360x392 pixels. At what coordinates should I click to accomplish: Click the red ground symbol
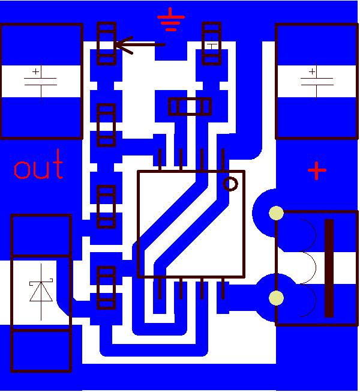pos(171,20)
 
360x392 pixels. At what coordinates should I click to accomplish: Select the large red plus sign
pos(317,170)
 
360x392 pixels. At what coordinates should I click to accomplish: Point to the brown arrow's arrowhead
pos(118,44)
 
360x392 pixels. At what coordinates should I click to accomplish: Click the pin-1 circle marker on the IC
pos(230,183)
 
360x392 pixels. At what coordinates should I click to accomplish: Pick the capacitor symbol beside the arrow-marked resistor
pos(41,80)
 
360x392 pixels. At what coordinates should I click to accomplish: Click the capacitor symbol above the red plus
pos(316,80)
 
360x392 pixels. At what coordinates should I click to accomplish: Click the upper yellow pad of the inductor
pos(276,213)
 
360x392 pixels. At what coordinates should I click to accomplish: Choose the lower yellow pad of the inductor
pos(276,298)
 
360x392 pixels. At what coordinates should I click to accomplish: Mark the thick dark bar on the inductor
pos(329,268)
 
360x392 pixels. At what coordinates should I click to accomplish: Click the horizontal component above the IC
pos(190,107)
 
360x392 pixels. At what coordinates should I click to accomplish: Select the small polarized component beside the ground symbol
pos(212,43)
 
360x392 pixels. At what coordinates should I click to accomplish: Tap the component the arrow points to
pos(106,43)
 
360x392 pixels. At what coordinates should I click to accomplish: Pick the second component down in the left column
pos(106,125)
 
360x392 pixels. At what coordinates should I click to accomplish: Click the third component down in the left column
pos(106,207)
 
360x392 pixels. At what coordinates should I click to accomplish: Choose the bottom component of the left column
pos(106,288)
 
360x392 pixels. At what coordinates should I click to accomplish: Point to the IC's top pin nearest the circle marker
pos(223,160)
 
